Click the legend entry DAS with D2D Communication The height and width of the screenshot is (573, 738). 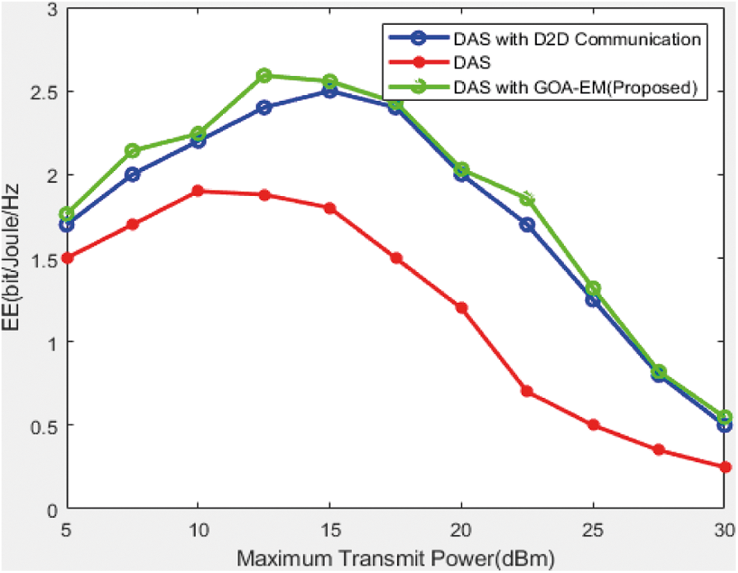[580, 37]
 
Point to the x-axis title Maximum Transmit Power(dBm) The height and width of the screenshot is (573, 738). [395, 558]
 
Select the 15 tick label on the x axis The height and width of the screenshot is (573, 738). [329, 529]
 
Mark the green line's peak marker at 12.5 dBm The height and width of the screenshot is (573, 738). [263, 75]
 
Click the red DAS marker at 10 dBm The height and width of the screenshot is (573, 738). [197, 190]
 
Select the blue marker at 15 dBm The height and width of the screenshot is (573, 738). [329, 91]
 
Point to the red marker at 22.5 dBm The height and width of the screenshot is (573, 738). [527, 391]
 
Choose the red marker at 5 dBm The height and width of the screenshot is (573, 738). [66, 258]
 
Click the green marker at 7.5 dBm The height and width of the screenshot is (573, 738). [132, 150]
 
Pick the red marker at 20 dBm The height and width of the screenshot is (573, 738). [461, 308]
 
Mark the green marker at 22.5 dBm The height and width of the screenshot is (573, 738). [527, 198]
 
